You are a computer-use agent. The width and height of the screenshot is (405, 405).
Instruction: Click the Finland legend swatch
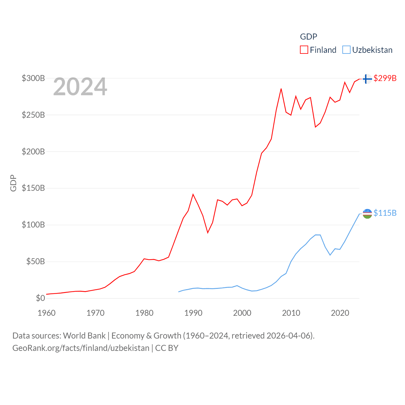304,50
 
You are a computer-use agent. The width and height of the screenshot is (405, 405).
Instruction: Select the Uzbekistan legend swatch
346,50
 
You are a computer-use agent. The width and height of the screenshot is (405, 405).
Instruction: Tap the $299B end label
385,78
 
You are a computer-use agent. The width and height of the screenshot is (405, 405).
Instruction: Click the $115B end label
385,213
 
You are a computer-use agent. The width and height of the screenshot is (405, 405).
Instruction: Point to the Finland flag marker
367,78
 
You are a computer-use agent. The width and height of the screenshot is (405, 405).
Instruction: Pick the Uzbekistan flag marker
367,214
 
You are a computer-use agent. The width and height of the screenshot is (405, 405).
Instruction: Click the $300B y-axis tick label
33,78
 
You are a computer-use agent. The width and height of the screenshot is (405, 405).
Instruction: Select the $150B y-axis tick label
33,188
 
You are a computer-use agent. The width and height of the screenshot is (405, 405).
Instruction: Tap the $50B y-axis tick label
35,262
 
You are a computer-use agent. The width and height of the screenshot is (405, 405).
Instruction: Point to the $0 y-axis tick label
40,298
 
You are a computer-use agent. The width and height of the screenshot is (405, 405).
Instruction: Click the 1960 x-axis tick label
47,313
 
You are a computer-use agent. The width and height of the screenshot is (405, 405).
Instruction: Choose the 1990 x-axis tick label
193,313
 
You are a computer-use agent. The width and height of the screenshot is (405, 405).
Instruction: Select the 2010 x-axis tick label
291,313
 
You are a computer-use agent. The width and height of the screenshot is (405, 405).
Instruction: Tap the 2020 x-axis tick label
340,313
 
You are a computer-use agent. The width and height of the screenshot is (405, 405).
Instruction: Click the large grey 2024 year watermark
80,87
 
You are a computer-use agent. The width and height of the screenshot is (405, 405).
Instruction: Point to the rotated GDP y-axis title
13,183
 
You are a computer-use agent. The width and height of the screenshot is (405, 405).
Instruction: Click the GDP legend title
308,37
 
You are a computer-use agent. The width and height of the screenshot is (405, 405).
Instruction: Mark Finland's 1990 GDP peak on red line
193,194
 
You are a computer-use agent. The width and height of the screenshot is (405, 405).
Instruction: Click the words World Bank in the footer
84,335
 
